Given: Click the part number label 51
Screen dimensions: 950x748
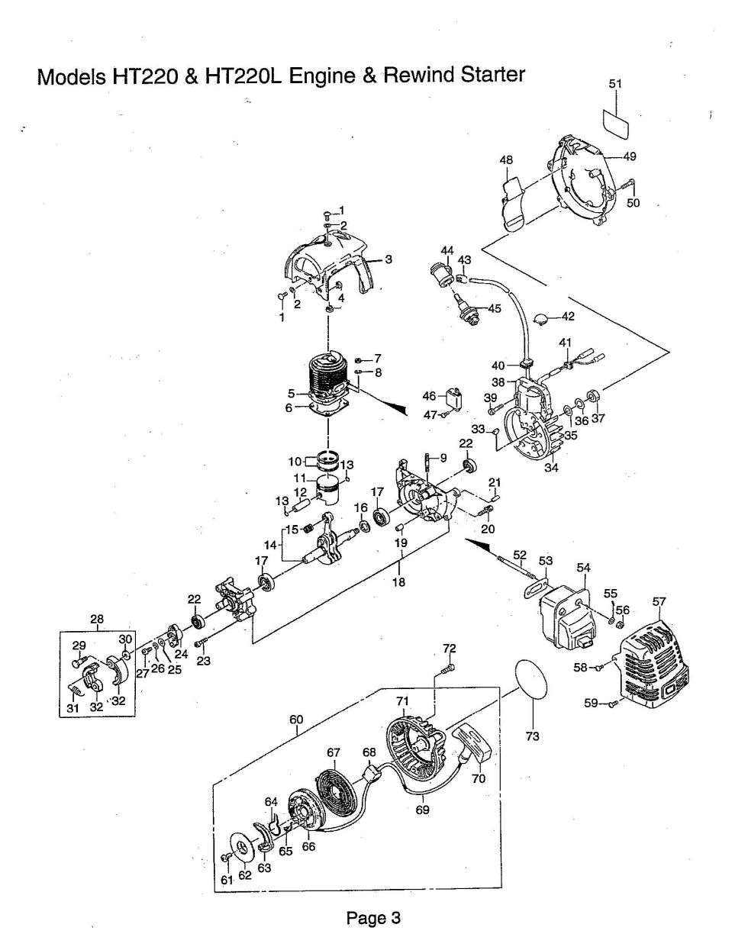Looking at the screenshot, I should [x=615, y=85].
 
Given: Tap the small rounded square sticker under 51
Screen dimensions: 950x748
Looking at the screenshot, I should [x=615, y=124].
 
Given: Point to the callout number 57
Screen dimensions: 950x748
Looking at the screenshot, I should [x=659, y=602].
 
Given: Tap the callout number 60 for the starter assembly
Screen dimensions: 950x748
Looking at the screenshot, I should [x=296, y=719].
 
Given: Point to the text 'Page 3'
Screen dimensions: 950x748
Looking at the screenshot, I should [x=373, y=918].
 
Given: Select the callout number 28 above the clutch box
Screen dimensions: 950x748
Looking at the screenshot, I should [x=98, y=619].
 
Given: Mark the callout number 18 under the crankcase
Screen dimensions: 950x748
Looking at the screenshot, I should [x=398, y=581].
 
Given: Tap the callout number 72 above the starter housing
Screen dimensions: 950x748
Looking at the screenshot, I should [x=449, y=649].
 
